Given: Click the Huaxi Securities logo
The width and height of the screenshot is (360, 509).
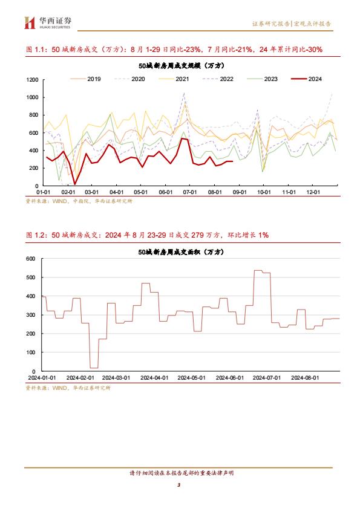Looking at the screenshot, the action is (x=47, y=22).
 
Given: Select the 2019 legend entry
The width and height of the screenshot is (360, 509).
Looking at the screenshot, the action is (x=85, y=79).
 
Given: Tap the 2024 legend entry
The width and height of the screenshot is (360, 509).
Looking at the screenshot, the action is (x=306, y=79).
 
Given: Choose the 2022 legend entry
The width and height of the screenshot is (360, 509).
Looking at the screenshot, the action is (x=218, y=79).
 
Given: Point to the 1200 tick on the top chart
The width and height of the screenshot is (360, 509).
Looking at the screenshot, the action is (x=32, y=80).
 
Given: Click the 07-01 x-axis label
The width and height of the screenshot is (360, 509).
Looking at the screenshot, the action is (x=190, y=192).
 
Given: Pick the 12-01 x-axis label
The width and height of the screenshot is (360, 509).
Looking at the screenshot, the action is (x=313, y=192).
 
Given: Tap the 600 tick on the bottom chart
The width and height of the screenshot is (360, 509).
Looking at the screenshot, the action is (x=30, y=259).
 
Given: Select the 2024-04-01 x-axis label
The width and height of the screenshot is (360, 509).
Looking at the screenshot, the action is (x=154, y=378).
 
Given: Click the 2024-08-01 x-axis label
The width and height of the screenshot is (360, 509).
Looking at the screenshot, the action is (x=305, y=378).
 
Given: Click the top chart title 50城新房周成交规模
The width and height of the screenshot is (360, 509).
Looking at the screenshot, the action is (x=182, y=65).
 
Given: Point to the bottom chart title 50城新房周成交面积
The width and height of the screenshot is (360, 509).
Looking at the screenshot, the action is (x=181, y=252).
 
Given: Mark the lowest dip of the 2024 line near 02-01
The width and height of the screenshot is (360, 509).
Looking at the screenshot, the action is (x=75, y=184).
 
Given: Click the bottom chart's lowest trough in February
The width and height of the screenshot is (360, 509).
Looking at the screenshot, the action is (x=94, y=368).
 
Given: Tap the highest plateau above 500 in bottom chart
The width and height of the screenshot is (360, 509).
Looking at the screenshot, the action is (x=258, y=270).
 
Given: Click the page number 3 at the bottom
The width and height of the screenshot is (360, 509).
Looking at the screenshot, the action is (x=178, y=485).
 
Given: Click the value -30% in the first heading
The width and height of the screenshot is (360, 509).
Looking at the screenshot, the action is (x=313, y=50).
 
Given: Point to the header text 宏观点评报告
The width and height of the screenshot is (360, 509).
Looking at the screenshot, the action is (x=312, y=24).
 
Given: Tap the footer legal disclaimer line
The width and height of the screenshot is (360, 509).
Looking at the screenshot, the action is (x=182, y=473).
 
